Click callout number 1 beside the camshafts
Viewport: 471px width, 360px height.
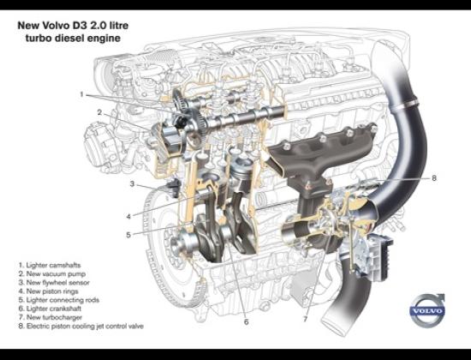tap(81, 95)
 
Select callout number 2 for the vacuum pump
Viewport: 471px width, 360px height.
tap(99, 112)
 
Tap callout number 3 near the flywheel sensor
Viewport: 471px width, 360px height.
tap(132, 183)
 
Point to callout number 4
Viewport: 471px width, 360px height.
tap(128, 217)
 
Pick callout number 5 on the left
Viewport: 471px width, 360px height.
tap(128, 235)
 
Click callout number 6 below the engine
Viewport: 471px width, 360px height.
tap(247, 322)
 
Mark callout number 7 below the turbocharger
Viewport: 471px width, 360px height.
tap(305, 319)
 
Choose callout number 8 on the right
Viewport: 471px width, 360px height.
tap(434, 178)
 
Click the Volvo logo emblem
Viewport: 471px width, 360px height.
tap(426, 310)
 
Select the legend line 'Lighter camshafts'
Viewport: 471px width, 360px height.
tap(50, 265)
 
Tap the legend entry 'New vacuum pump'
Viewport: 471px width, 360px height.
tap(52, 274)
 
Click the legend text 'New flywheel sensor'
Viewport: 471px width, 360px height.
tap(54, 283)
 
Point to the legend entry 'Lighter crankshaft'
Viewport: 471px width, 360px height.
tap(50, 309)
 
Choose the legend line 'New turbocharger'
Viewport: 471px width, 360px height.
tap(51, 317)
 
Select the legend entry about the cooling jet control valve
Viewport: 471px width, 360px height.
tap(81, 326)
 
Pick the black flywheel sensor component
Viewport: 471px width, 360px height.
tap(173, 187)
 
